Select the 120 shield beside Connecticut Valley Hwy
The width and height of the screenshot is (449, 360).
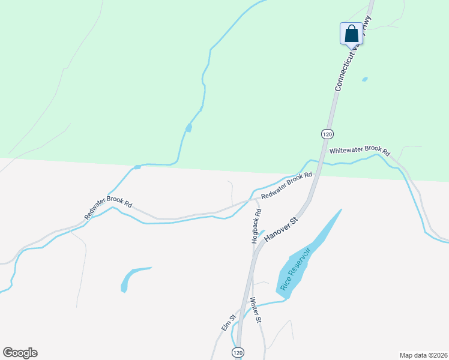327,133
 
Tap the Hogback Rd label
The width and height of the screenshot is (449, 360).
258,225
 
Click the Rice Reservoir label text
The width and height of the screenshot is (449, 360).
295,267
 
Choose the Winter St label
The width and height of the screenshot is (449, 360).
256,311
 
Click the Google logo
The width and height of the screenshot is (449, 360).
20,353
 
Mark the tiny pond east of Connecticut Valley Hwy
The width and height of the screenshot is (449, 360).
364,79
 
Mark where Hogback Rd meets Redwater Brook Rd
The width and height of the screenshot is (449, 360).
252,199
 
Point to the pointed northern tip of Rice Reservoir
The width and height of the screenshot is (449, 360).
341,210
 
